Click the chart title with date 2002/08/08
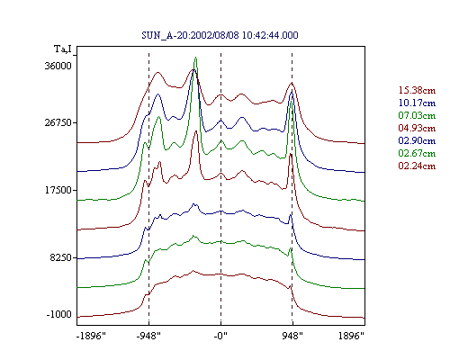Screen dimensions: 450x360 coord(220,35)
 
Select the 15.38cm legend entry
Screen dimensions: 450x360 coord(417,90)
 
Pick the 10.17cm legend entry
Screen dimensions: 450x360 coord(417,103)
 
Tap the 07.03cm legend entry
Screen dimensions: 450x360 coord(417,115)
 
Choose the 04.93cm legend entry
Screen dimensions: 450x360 coord(417,128)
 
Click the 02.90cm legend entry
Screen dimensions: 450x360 coord(417,140)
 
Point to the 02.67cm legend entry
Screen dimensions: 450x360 coord(417,153)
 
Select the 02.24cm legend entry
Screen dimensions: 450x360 coord(417,166)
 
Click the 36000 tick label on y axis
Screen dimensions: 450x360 coord(58,66)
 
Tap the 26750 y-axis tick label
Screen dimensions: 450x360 coord(58,122)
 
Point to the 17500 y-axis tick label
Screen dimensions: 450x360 coord(58,190)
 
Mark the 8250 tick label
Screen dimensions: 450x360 coord(61,257)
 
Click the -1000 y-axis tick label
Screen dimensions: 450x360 coord(59,314)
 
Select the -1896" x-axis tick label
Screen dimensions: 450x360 coord(92,336)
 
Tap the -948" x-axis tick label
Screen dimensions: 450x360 coord(148,336)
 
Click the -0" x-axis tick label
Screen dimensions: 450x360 coord(220,336)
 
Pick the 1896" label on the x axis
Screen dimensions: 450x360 coord(351,336)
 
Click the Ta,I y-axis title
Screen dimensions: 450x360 coord(63,49)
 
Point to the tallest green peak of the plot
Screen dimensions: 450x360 coord(195,58)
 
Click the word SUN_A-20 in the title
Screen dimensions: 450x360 coord(165,35)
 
